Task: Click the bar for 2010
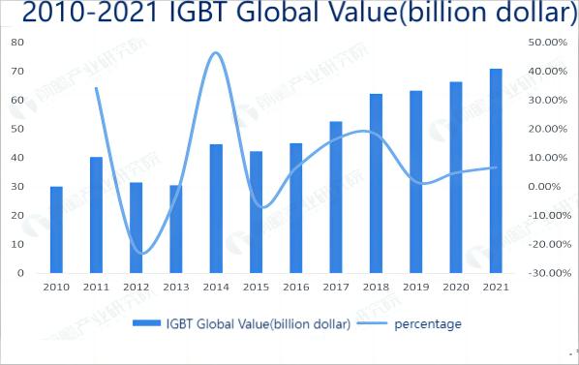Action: (56, 229)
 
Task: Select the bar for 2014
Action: (216, 208)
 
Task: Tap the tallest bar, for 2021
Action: (496, 170)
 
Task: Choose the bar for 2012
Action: (136, 228)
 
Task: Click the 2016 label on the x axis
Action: (295, 288)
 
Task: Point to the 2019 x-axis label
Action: (415, 288)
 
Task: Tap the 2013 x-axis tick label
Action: (175, 288)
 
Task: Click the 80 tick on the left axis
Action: (17, 43)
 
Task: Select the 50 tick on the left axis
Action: (17, 129)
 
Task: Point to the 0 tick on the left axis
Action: (20, 273)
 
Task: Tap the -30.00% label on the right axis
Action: (543, 273)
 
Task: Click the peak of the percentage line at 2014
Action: (215, 52)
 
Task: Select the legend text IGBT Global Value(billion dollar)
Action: (258, 323)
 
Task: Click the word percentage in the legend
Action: (427, 323)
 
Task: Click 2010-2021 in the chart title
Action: (81, 15)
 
